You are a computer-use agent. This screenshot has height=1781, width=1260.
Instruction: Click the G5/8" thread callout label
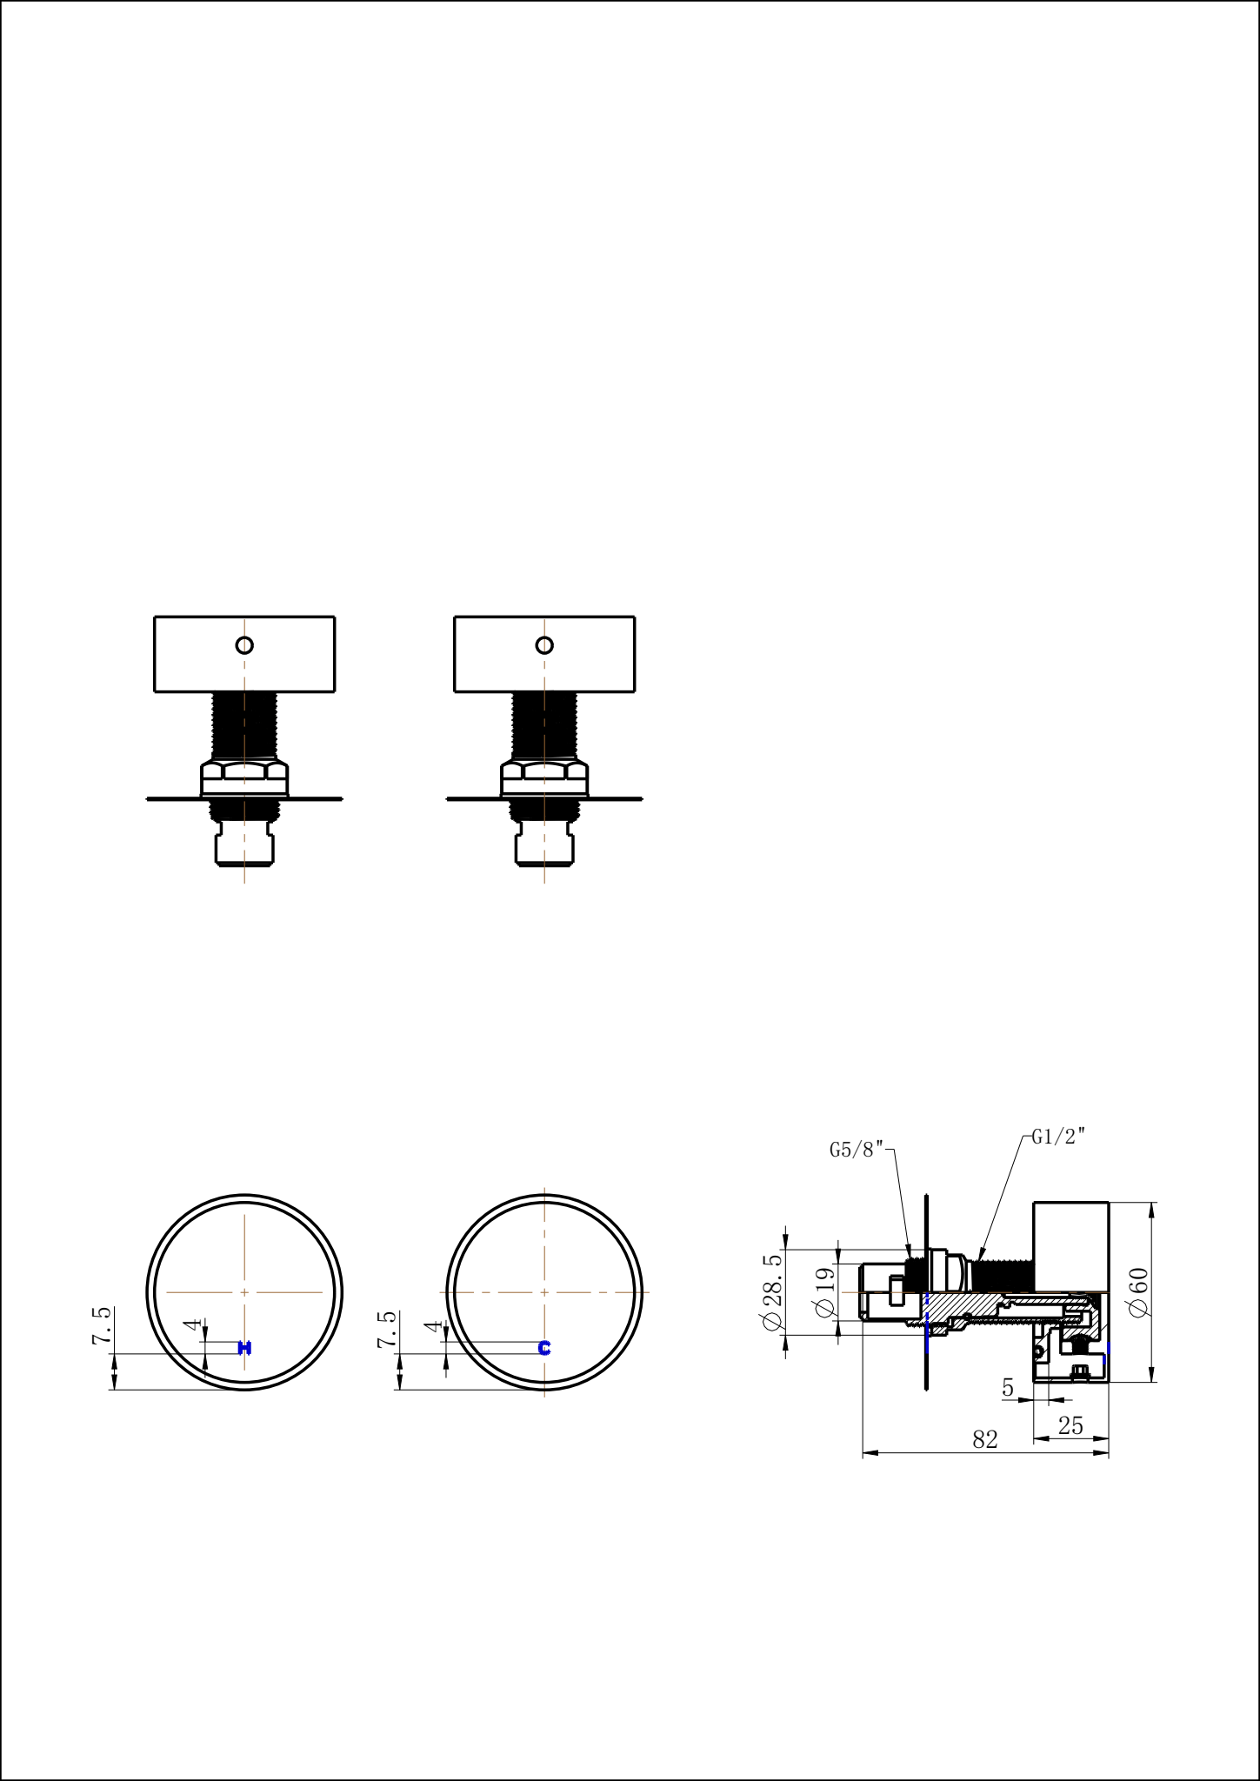856,1150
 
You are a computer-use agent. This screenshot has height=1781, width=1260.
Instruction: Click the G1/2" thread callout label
1058,1137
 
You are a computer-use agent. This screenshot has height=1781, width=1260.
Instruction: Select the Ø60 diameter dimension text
1138,1292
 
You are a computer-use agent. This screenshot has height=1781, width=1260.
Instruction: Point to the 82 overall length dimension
984,1440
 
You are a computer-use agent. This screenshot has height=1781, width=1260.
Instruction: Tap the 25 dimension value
1070,1426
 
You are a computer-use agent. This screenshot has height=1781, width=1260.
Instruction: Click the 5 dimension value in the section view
1008,1388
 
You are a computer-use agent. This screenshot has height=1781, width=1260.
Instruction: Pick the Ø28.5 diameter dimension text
772,1292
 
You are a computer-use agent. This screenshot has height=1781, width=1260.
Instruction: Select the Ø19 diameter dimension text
824,1292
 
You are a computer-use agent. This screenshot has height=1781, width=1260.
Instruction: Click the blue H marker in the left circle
244,1348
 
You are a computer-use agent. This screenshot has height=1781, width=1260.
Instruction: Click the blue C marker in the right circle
544,1348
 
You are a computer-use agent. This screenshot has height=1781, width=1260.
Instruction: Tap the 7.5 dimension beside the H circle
102,1325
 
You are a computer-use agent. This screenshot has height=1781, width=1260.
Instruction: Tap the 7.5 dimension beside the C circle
387,1329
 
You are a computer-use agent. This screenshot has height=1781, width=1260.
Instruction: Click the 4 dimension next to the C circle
433,1326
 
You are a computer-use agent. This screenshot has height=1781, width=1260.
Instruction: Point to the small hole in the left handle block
244,645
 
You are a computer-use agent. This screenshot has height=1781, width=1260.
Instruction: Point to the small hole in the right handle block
544,645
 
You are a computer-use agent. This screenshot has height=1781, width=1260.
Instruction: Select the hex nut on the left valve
244,771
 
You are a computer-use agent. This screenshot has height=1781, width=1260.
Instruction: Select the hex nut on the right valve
544,771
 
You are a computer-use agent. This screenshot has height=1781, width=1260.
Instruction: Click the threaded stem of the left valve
244,726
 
